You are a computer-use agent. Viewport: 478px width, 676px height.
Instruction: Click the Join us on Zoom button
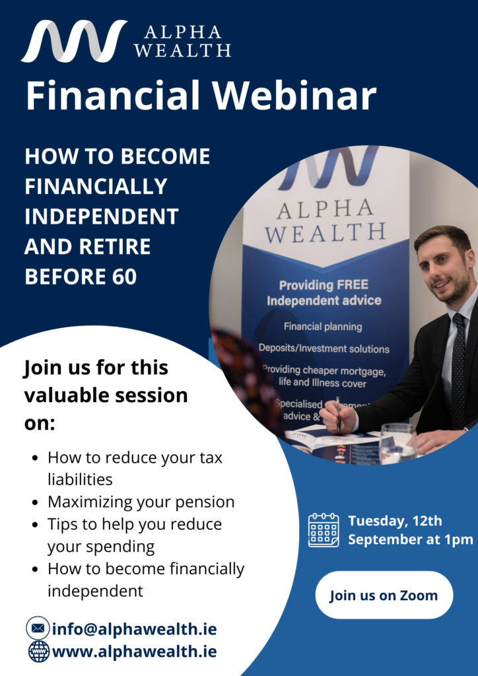[x=384, y=595]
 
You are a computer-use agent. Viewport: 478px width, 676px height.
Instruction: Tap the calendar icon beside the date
[x=324, y=530]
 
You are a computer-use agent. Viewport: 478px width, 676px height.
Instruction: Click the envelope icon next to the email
[x=38, y=628]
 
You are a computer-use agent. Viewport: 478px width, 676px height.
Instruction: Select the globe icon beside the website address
[x=38, y=652]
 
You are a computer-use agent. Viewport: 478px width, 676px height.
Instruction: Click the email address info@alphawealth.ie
[x=134, y=628]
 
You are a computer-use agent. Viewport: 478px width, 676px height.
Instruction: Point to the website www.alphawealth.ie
[x=134, y=652]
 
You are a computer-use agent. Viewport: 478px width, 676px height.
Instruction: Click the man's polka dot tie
[x=458, y=370]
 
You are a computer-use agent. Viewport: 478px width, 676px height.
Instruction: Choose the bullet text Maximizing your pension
[x=141, y=502]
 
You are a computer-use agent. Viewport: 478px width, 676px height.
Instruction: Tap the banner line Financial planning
[x=323, y=327]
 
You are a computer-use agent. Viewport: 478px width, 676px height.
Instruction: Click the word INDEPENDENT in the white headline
[x=102, y=216]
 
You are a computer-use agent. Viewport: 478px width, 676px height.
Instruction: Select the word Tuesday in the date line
[x=377, y=521]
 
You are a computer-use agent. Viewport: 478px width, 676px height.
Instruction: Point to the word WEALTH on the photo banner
[x=331, y=232]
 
